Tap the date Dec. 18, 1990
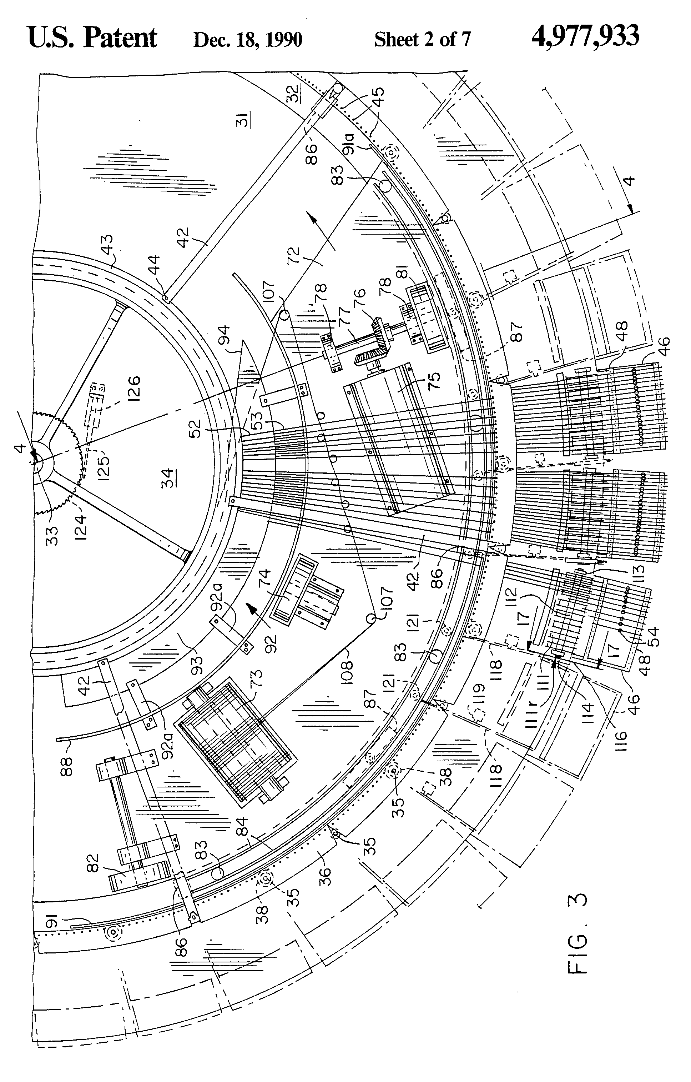[247, 40]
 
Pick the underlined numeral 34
[167, 477]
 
